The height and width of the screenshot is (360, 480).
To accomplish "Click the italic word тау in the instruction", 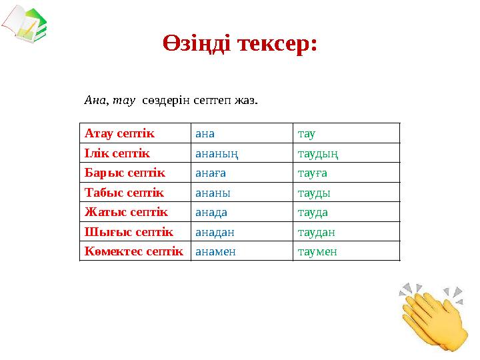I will (124, 101).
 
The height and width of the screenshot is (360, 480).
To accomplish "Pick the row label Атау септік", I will (119, 133).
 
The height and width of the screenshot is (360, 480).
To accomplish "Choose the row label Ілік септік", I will (117, 153).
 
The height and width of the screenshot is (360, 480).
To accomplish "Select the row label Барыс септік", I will (125, 173).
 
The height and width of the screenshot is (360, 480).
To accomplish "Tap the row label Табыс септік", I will (124, 193).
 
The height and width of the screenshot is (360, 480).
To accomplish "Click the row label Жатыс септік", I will (126, 213).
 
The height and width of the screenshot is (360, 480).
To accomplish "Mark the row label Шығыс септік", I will (129, 232).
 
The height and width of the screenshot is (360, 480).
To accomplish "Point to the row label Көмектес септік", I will (133, 252).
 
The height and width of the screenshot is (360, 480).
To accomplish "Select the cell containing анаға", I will (211, 173).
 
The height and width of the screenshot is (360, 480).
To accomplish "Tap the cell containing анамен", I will (215, 252).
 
